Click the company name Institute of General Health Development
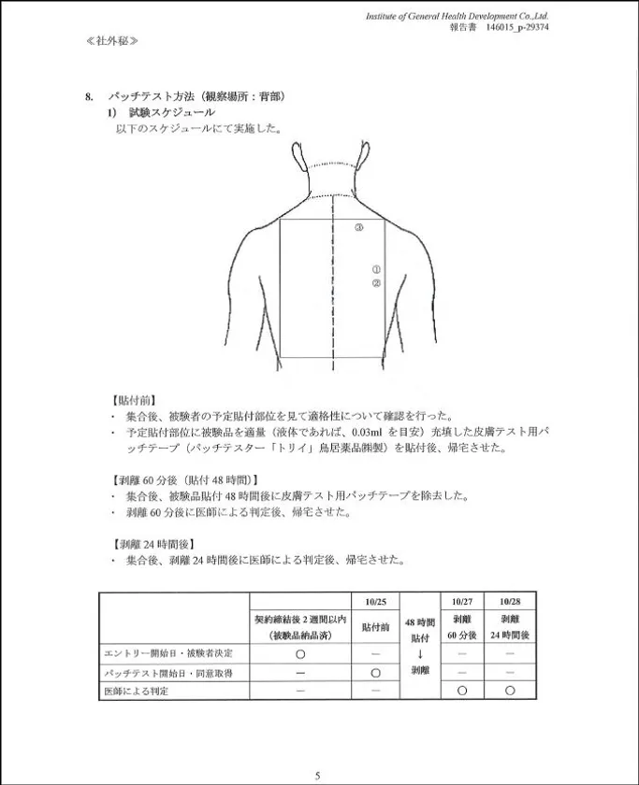point(457,16)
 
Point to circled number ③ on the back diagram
point(358,227)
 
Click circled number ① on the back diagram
point(376,269)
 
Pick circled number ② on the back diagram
point(376,282)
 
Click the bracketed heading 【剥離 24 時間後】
point(153,544)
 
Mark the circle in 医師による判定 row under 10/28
point(510,691)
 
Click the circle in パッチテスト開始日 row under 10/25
point(375,672)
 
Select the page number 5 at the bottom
point(318,775)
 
